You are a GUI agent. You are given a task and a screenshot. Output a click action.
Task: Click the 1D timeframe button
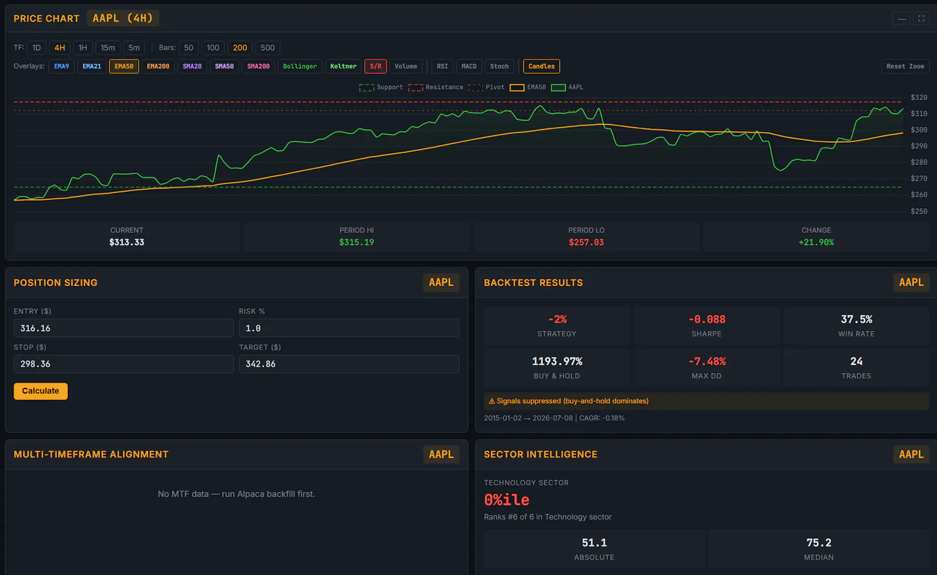36,47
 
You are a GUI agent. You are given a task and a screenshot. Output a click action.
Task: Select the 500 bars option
267,47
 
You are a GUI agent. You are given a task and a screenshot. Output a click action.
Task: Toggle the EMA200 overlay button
158,67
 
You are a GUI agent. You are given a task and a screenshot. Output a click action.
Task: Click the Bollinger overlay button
299,67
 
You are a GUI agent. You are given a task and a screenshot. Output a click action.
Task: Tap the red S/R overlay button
375,67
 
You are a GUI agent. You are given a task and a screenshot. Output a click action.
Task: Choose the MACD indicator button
468,67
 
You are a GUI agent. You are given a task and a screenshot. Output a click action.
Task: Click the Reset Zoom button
905,67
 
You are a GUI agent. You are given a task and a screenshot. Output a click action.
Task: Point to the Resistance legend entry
436,87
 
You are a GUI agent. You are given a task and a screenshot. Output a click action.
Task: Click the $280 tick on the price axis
919,162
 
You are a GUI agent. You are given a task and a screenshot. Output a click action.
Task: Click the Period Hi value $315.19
357,242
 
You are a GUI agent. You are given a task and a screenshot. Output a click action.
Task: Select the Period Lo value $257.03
586,242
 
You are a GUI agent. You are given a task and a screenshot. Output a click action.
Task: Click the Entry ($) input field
124,328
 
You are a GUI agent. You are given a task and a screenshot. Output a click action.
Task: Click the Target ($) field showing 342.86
349,364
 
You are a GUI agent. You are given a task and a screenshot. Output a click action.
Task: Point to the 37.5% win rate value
856,319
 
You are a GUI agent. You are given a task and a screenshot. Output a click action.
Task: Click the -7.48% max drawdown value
707,361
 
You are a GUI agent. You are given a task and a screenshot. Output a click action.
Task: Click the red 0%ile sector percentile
507,500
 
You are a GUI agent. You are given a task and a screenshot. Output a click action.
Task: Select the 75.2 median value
819,543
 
